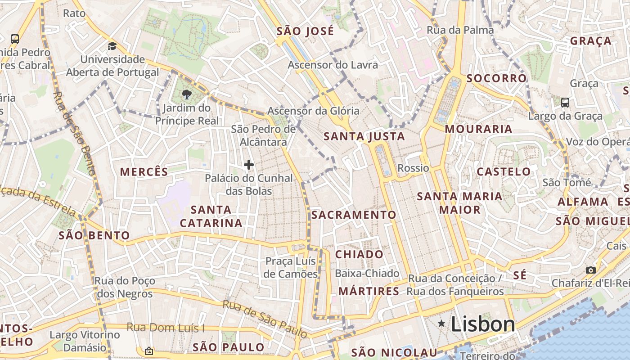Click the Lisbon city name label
pyautogui.click(x=482, y=324)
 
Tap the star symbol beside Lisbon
pyautogui.click(x=442, y=324)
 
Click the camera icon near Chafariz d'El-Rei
pyautogui.click(x=591, y=270)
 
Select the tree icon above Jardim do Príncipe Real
pyautogui.click(x=186, y=94)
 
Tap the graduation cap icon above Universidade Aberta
pyautogui.click(x=112, y=46)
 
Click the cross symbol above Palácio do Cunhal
pyautogui.click(x=249, y=165)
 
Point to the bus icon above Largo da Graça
pyautogui.click(x=565, y=102)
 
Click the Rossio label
pyautogui.click(x=413, y=168)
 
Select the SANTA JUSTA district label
pyautogui.click(x=364, y=136)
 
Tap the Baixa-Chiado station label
pyautogui.click(x=367, y=273)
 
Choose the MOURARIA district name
pyautogui.click(x=478, y=129)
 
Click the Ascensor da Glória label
pyautogui.click(x=314, y=111)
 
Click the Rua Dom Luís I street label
pyautogui.click(x=166, y=327)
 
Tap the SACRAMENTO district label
pyautogui.click(x=354, y=215)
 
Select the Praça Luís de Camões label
pyautogui.click(x=291, y=267)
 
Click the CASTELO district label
pyautogui.click(x=504, y=171)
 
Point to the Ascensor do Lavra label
pyautogui.click(x=333, y=65)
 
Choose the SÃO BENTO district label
pyautogui.click(x=94, y=235)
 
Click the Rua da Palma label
pyautogui.click(x=460, y=30)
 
